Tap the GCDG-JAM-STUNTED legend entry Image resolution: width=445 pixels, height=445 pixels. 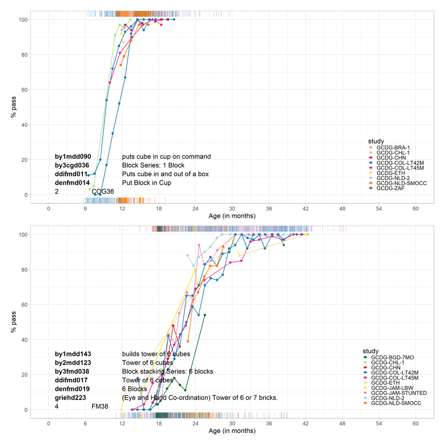[399, 393]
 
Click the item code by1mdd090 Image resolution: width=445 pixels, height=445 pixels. [73, 157]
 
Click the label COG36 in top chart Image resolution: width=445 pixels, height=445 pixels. [103, 191]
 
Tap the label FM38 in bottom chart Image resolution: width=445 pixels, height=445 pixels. [100, 406]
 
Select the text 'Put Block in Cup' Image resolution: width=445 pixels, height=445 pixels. [146, 182]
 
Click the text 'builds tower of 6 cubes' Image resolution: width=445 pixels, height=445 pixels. [156, 354]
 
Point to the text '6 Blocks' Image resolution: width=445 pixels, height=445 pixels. [134, 389]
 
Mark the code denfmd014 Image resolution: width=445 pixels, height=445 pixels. [73, 182]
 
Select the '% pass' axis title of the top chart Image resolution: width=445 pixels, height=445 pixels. [14, 107]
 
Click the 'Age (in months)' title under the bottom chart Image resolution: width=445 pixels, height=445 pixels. [232, 431]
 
